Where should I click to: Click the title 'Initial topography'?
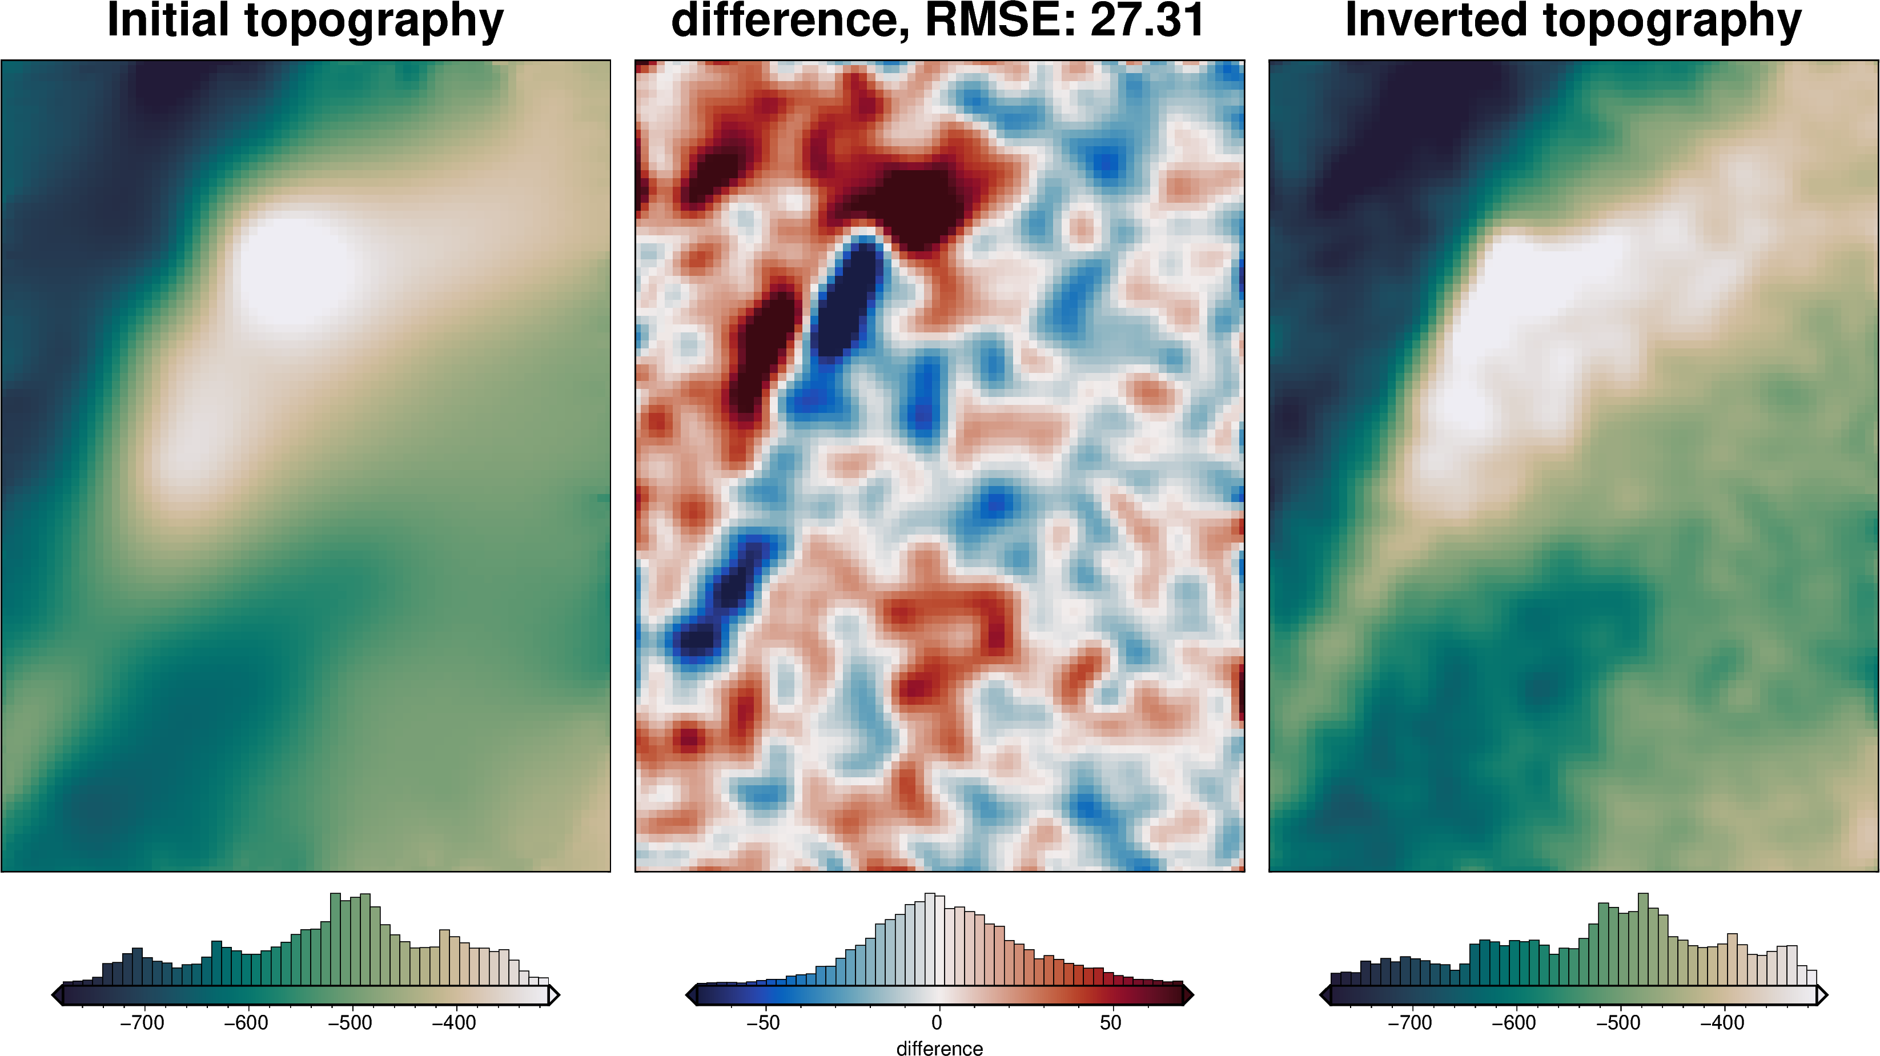(x=305, y=21)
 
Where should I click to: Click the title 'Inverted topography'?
(x=1573, y=21)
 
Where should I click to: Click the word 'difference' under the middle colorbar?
(x=939, y=1048)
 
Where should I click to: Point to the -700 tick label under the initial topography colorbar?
(x=142, y=1023)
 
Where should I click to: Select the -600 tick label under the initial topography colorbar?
(x=246, y=1023)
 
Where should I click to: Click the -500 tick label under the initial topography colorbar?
(x=350, y=1023)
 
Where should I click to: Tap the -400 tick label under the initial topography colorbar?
(x=454, y=1023)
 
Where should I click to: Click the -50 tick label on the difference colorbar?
(x=764, y=1023)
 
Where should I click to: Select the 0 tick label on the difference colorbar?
(x=937, y=1023)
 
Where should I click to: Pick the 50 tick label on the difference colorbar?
(x=1111, y=1023)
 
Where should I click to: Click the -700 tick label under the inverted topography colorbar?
(x=1410, y=1023)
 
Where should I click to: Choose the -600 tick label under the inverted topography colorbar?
(x=1515, y=1023)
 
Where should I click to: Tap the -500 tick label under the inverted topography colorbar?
(x=1618, y=1023)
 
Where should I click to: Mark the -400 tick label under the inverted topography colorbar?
(x=1722, y=1023)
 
